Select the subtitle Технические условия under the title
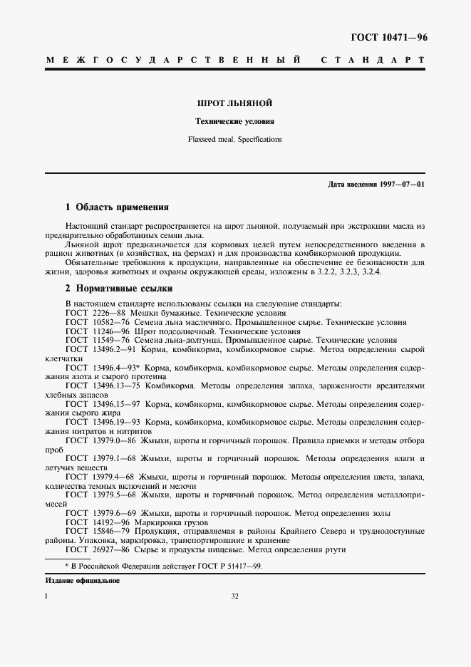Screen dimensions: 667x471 235,122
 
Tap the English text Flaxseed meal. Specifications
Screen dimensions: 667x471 235,139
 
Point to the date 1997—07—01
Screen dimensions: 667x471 401,185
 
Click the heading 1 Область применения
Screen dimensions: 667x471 117,207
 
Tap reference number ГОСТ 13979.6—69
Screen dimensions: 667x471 100,512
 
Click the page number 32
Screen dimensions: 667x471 234,597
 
